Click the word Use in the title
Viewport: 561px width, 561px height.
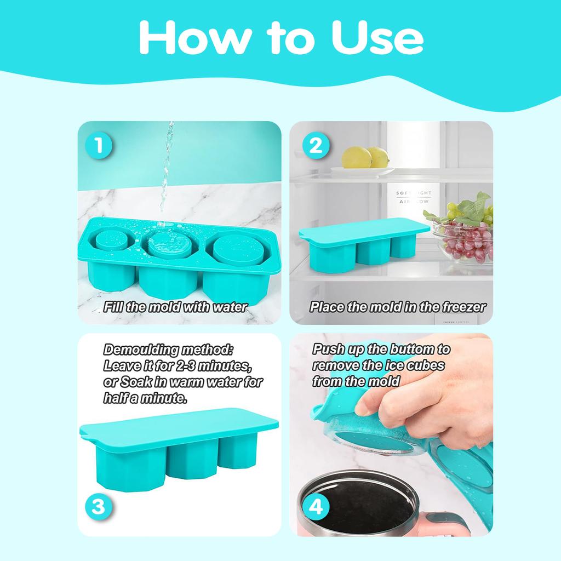378,37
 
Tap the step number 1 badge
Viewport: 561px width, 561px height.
99,146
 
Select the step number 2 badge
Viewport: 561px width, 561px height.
316,146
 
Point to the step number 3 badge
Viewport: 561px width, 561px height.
99,507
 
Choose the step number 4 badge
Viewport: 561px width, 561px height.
316,507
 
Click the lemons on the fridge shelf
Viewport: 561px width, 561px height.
365,157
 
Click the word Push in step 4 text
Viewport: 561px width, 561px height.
328,350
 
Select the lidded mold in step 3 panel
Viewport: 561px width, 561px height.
179,450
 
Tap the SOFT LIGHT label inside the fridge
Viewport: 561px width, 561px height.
414,193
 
